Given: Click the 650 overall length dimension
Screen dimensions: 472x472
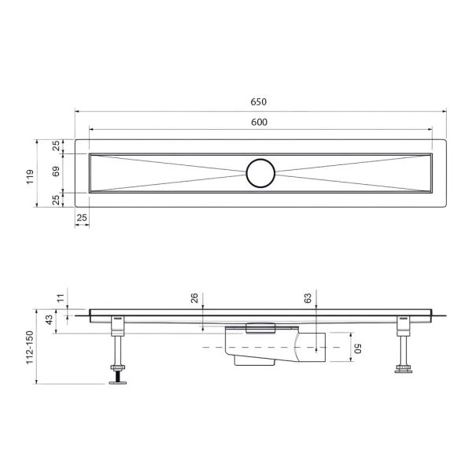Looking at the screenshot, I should pos(260,102).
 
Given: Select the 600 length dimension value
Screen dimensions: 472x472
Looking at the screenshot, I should pos(260,121).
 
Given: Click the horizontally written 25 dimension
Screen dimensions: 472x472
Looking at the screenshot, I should pos(82,217).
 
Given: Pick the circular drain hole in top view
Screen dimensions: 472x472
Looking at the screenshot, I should pos(260,171).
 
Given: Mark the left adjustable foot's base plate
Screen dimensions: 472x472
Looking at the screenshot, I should pos(117,379).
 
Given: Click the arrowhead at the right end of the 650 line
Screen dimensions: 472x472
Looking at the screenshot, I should pos(443,111).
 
